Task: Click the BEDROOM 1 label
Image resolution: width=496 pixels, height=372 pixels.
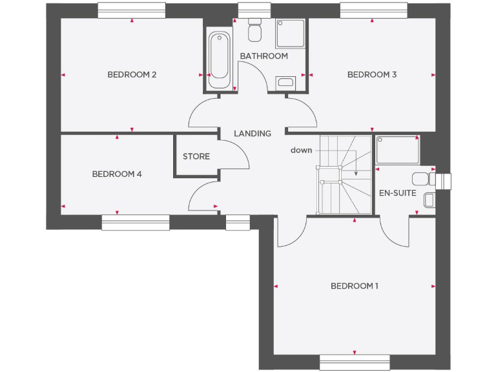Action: tap(355, 286)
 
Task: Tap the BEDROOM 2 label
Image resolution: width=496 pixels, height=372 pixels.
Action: tap(132, 75)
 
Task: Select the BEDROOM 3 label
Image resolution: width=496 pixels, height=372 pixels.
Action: tap(372, 75)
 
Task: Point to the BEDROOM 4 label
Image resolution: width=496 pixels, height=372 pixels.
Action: tap(116, 174)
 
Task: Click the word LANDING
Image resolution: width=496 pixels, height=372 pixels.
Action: tap(252, 134)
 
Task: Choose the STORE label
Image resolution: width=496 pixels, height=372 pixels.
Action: tap(196, 156)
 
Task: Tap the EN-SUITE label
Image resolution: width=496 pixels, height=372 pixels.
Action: tap(397, 193)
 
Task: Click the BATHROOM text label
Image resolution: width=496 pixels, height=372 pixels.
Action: tap(263, 56)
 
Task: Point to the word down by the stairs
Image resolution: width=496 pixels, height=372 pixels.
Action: tap(301, 150)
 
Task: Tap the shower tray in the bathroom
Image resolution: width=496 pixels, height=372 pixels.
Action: tap(291, 34)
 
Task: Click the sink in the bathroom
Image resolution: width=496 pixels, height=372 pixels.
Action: tap(285, 82)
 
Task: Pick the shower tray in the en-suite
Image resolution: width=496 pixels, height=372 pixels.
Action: tap(397, 150)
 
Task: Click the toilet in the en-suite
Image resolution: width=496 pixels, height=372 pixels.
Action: tap(420, 179)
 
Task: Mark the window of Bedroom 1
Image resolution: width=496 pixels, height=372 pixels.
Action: tap(355, 362)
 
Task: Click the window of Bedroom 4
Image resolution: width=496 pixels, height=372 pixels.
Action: tap(136, 222)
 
